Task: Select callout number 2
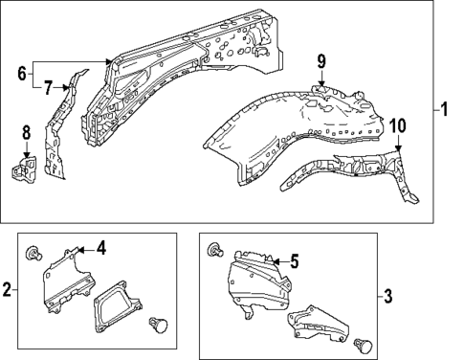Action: point(8,289)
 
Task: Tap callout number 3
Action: point(387,296)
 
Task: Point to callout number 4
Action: point(101,249)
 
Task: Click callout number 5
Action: point(295,259)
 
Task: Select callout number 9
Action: point(322,62)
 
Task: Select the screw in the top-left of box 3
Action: point(217,250)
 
